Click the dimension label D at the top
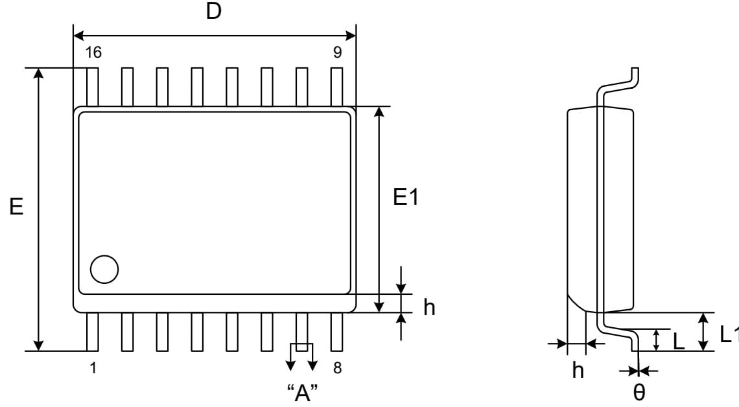point(213,10)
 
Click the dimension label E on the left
point(16,206)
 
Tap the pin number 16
point(93,52)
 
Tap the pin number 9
point(338,52)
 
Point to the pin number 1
point(93,367)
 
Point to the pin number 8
point(338,367)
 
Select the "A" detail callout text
point(303,392)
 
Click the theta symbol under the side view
point(639,392)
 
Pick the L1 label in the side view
point(728,334)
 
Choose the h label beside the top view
point(429,307)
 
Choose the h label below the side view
point(578,370)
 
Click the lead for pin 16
point(93,87)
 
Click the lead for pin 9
point(336,87)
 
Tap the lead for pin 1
point(93,332)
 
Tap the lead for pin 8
point(336,332)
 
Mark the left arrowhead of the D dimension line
point(78,36)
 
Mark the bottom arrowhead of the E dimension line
point(39,345)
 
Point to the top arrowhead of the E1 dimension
point(379,112)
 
